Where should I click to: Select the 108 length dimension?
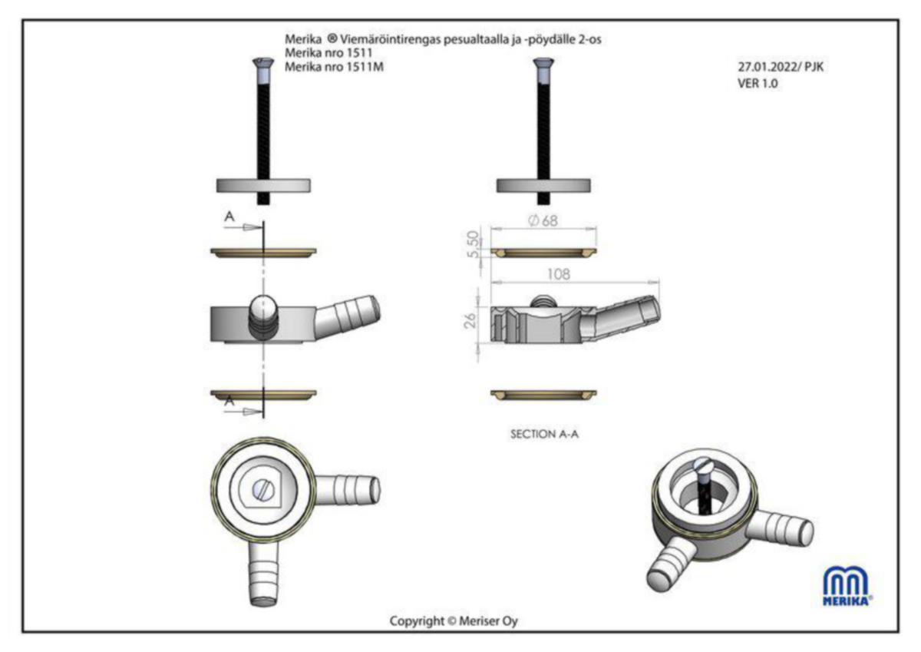(559, 274)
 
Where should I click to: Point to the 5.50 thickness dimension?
(474, 244)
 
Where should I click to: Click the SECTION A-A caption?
(544, 434)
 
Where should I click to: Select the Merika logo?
(847, 586)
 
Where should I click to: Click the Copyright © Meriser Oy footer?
(454, 621)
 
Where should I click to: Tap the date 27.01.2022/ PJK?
(781, 67)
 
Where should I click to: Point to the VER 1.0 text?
(758, 84)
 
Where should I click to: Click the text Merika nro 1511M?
(335, 67)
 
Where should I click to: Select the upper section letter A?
(229, 217)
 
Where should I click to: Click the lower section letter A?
(229, 400)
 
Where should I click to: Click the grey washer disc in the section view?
(543, 186)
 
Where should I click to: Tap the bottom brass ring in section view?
(543, 395)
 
